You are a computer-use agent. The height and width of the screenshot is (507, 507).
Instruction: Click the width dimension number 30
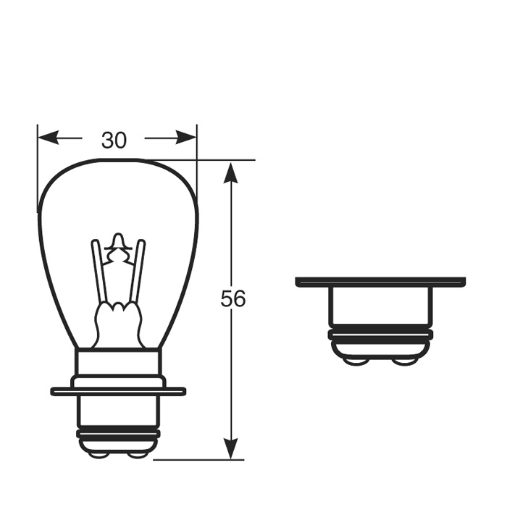114,140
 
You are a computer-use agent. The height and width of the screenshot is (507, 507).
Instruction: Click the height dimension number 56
233,298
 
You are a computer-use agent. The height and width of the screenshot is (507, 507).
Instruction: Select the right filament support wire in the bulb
137,272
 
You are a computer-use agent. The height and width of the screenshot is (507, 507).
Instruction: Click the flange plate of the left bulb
117,392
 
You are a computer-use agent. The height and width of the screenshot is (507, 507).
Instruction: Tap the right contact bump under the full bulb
135,453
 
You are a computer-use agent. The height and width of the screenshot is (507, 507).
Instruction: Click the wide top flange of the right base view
380,282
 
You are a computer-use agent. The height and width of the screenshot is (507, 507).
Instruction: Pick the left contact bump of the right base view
356,360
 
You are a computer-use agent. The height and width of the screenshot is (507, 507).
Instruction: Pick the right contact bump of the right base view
404,360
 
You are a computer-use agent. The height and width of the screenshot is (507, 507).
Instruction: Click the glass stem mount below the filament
117,322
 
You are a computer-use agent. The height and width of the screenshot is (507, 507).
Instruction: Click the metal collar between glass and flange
117,363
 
